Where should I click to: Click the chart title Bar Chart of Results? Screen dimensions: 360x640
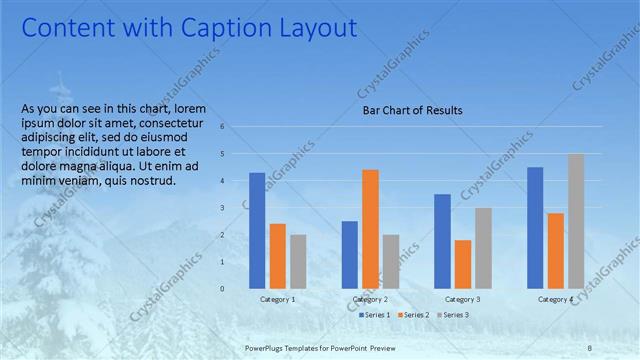tap(412, 111)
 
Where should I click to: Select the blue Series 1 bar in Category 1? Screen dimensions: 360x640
tap(257, 230)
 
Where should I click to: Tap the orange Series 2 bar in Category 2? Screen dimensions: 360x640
tap(370, 228)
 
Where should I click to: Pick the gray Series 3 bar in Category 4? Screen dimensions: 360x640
tap(575, 221)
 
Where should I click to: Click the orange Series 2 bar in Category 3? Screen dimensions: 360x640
tap(462, 264)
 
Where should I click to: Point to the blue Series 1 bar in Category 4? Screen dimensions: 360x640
tap(535, 227)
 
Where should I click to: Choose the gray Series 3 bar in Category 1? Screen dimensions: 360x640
tap(298, 261)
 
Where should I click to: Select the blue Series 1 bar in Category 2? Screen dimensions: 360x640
tap(349, 254)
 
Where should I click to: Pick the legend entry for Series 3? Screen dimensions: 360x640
tap(455, 315)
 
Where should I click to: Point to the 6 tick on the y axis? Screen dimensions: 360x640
tap(237, 127)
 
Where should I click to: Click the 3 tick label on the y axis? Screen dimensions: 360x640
tap(237, 208)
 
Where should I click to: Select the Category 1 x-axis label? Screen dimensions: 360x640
tap(277, 300)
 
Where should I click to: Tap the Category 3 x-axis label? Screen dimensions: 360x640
tap(462, 300)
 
